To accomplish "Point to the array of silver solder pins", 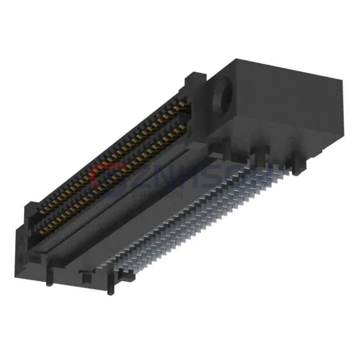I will (198, 222).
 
